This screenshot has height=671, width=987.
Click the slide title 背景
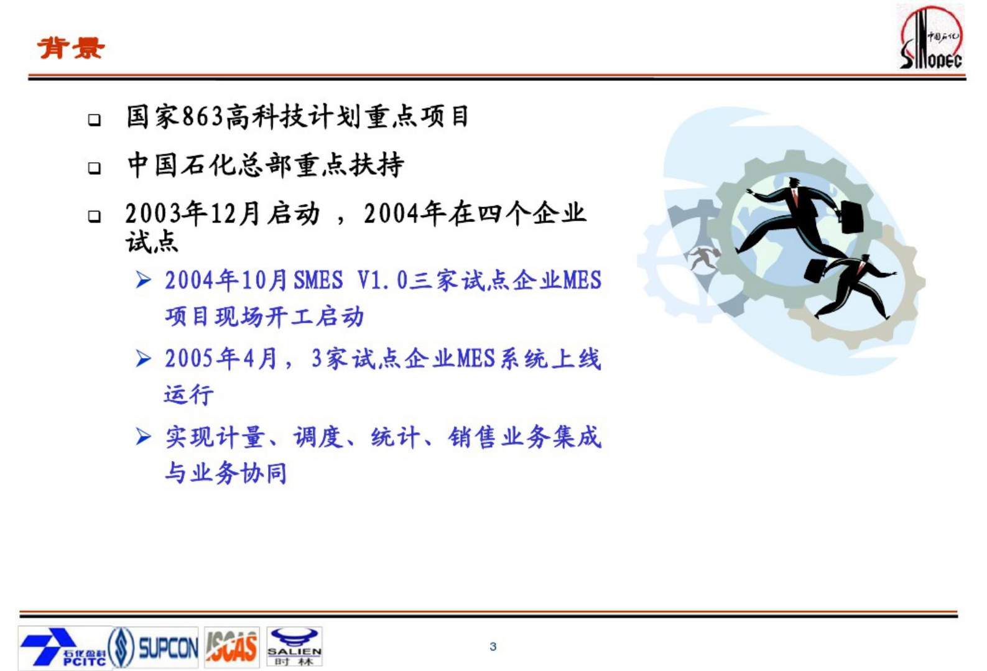[71, 48]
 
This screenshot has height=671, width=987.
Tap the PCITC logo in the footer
[62, 647]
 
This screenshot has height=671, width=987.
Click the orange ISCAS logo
[231, 647]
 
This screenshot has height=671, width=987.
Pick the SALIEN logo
[294, 647]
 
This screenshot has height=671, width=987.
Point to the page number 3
[493, 647]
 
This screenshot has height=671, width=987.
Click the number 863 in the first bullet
[203, 117]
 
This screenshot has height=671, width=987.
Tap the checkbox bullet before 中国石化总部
[95, 167]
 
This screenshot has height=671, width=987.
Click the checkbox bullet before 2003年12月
[95, 216]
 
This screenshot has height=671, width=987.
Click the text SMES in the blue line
[318, 280]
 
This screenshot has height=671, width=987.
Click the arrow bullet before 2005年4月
[144, 359]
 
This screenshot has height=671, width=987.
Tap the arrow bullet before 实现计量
[144, 437]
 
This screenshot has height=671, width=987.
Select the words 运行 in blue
[189, 394]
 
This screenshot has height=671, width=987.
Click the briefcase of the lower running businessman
[816, 271]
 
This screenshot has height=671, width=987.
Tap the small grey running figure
[703, 257]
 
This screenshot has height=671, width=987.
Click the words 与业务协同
[226, 473]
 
